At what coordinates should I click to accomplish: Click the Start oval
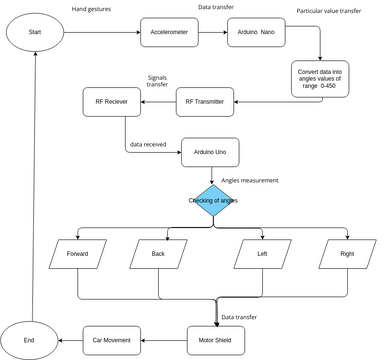pos(36,32)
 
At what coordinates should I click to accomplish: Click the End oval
pos(29,340)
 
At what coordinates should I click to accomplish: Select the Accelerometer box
pos(168,32)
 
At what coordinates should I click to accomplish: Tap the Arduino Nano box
pos(254,32)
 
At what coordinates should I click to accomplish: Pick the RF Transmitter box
pos(206,100)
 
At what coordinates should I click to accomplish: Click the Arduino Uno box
pos(209,152)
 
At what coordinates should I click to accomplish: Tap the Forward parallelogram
pos(77,254)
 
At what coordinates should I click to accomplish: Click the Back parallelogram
pos(158,254)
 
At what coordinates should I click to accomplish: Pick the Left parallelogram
pos(262,254)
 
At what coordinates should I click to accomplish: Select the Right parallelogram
pos(346,254)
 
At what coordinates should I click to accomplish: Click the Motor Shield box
pos(216,340)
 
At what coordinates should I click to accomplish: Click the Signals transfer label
pos(158,79)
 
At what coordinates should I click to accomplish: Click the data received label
pos(149,144)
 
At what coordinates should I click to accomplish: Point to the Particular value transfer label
pos(329,12)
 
